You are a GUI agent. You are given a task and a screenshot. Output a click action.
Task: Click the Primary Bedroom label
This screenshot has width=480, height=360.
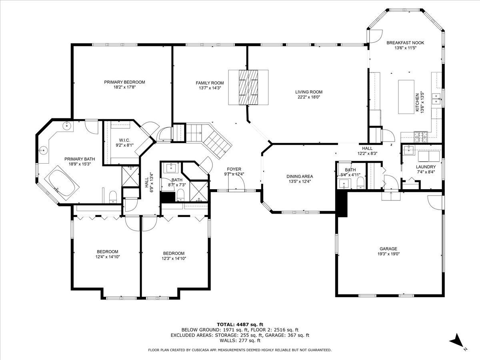[x=124, y=82]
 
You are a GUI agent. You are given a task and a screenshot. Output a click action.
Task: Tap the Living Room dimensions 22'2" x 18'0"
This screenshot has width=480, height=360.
[x=308, y=97]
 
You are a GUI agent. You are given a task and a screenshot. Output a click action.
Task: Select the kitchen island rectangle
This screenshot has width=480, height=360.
[x=406, y=97]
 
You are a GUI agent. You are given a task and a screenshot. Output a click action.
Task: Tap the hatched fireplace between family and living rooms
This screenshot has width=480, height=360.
[x=248, y=88]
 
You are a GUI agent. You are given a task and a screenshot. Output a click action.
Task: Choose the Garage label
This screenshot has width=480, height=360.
[x=388, y=249]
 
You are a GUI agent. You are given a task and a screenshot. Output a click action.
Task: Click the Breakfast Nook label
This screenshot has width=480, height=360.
[x=405, y=43]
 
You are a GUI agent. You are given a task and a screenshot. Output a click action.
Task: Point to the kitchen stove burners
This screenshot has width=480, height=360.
[x=421, y=137]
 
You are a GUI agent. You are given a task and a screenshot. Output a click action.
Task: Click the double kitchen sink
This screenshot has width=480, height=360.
[x=436, y=99]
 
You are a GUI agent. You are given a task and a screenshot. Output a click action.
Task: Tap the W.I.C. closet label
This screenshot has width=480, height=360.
[x=124, y=140]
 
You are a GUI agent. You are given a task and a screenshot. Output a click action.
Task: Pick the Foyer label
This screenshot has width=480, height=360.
[x=234, y=169]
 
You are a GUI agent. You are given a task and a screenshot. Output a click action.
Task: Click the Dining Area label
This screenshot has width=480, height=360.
[x=300, y=176]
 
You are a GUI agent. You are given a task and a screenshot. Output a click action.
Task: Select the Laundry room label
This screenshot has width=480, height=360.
[x=426, y=167]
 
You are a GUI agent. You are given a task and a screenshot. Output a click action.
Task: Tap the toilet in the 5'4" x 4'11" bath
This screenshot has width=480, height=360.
[x=360, y=183]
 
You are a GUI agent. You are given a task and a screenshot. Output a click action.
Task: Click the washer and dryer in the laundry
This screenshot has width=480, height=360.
[x=429, y=156]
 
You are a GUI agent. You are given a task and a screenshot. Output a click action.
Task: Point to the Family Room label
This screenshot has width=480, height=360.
[x=210, y=83]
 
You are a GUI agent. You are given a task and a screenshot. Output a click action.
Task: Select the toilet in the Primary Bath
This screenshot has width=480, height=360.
[x=113, y=197]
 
